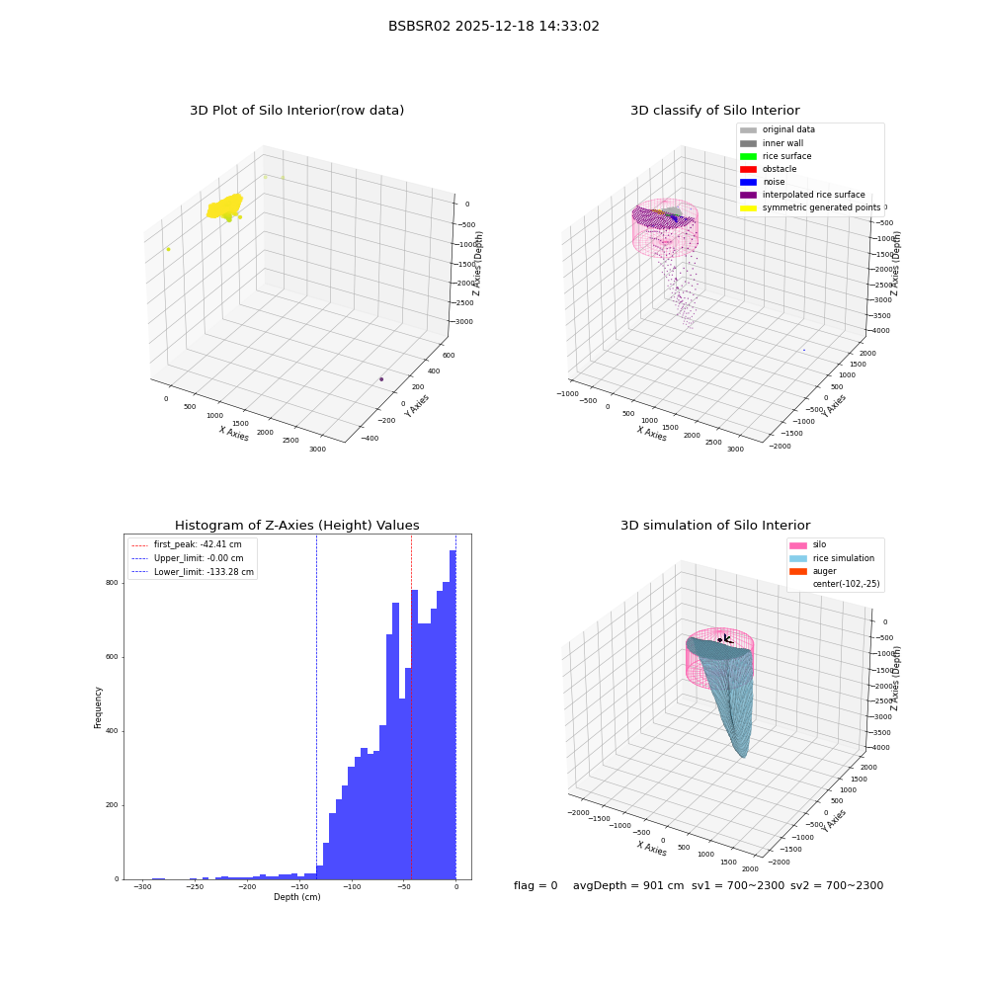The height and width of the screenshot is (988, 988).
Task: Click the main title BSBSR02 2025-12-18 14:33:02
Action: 493,27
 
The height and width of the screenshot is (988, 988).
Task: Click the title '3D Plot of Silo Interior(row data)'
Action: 296,111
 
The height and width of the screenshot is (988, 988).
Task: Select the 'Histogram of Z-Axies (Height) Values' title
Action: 296,526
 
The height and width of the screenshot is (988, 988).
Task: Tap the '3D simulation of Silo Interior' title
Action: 715,526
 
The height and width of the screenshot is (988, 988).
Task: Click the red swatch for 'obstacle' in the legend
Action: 748,170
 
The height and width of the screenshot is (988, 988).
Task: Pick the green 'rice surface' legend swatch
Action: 748,156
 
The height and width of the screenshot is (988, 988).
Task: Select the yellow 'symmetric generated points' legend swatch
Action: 748,207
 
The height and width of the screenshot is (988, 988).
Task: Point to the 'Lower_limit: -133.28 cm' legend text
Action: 204,572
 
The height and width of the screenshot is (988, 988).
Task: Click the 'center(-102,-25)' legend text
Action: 847,584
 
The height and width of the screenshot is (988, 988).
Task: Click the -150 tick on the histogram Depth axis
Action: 299,886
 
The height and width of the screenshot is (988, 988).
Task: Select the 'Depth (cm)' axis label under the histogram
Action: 296,897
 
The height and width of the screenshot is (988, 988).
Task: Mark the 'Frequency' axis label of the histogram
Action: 98,707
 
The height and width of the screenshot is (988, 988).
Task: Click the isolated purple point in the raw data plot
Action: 381,379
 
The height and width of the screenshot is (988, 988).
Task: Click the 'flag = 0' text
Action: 535,885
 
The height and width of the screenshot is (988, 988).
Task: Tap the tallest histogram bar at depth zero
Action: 453,714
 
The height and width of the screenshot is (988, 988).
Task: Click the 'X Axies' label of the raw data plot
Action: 234,434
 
